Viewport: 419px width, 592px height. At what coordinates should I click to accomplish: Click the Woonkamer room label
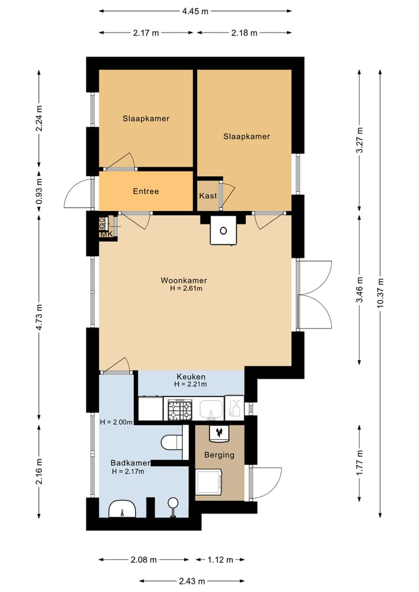click(184, 280)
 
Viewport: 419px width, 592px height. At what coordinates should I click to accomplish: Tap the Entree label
click(146, 191)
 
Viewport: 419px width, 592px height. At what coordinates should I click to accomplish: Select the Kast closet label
click(208, 196)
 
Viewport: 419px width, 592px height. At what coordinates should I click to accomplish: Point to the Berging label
click(219, 455)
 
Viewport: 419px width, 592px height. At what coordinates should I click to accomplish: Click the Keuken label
click(191, 377)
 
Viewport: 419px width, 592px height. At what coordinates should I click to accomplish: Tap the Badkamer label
click(130, 463)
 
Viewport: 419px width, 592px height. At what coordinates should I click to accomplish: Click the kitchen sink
click(211, 410)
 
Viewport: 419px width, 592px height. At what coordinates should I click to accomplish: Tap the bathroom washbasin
click(122, 509)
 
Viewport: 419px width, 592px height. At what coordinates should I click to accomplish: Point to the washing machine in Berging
click(209, 482)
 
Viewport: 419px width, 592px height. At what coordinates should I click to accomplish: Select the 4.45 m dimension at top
click(196, 11)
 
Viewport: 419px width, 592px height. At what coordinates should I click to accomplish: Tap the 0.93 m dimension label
click(40, 191)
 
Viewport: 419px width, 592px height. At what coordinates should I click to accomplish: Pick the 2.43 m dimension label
click(192, 581)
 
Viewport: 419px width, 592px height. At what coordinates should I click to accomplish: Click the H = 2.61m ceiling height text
click(186, 289)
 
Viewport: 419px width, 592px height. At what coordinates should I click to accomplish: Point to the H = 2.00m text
click(116, 422)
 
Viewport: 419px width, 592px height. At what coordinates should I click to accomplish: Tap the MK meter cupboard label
click(106, 234)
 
